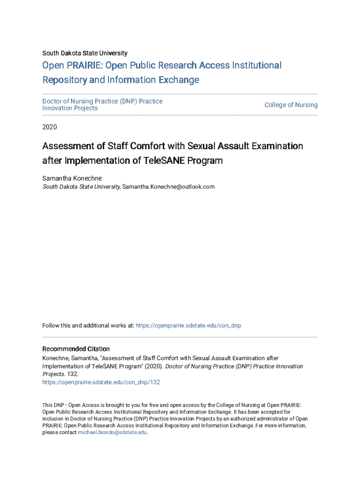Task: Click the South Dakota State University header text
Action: point(85,53)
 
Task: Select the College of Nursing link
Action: point(291,105)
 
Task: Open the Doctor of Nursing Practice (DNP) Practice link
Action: point(102,101)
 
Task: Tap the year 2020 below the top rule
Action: point(50,126)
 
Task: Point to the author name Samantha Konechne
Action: point(72,178)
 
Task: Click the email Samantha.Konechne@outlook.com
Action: point(168,187)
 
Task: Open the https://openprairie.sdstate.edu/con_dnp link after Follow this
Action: point(188,326)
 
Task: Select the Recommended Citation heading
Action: point(76,349)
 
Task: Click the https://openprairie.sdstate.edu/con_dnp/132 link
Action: point(101,382)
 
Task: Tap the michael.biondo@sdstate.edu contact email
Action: point(112,433)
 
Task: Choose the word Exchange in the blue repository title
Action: point(179,80)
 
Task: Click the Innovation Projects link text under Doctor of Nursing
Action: point(70,109)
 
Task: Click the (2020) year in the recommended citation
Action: point(154,366)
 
